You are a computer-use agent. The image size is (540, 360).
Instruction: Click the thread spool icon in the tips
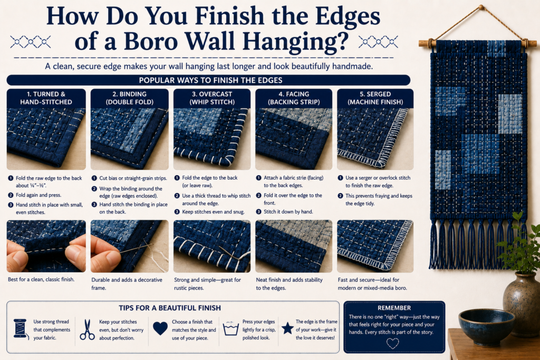[21, 329]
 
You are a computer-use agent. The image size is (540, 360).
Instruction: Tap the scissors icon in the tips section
[87, 330]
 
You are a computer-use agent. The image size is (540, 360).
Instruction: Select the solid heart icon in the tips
[160, 328]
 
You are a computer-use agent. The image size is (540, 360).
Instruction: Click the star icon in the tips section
[287, 328]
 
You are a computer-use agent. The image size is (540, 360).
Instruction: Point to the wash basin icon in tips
[231, 329]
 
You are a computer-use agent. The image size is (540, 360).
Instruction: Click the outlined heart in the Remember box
[392, 343]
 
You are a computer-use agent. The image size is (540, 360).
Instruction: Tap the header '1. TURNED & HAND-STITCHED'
[46, 98]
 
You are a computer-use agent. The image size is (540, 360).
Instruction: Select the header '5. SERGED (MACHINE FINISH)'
[375, 98]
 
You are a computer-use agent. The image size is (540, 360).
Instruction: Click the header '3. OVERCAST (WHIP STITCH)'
[212, 98]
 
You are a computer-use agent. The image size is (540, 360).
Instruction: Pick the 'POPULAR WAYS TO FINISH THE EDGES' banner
[208, 80]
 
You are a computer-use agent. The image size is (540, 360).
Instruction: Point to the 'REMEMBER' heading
[394, 308]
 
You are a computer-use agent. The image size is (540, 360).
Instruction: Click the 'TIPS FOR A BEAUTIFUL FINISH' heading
[170, 308]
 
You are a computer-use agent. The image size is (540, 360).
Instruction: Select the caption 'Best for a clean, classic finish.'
[41, 279]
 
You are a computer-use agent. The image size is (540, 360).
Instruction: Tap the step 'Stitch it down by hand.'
[288, 212]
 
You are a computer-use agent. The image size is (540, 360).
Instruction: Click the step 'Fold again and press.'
[38, 195]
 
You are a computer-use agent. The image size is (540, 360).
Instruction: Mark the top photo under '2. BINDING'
[130, 139]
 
